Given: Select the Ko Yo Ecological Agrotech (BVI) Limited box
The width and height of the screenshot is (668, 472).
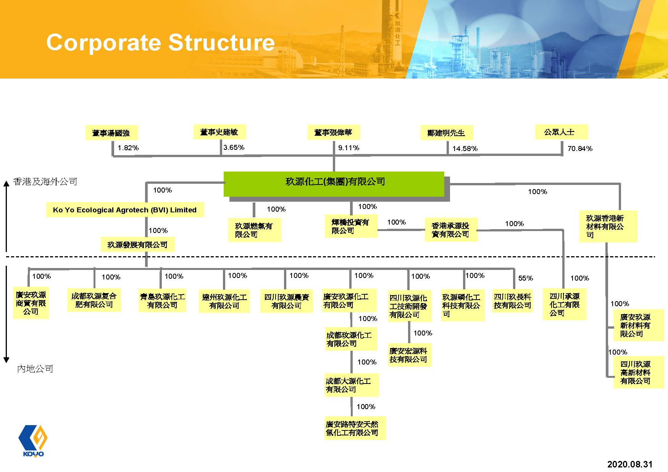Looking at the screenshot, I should pos(125,210).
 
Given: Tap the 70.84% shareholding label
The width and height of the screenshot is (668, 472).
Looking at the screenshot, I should pos(580,149).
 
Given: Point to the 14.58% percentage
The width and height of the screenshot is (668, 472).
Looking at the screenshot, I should pos(465,149).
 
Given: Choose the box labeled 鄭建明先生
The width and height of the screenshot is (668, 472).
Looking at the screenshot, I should pos(447,133).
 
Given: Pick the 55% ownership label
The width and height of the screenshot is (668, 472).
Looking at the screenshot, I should pos(525,278).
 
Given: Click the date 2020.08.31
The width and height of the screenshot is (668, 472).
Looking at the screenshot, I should pos(630,464).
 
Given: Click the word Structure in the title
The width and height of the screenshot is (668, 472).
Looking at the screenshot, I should pos(221,42).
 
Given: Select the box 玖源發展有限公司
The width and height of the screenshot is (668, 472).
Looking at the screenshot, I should pos(137,245).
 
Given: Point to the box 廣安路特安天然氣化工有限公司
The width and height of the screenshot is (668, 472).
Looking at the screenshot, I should pos(355,428).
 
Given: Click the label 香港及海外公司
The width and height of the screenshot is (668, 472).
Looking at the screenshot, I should pos(45,182).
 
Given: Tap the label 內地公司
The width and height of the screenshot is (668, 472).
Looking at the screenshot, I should pos(35,369).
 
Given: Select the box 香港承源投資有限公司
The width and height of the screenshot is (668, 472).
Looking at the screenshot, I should pos(451,230).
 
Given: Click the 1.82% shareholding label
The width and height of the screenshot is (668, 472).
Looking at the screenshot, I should pos(128,148).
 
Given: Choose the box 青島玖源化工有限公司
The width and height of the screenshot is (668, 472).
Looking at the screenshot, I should pos(162,301).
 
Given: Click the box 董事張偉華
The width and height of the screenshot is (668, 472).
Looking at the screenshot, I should pos(333,132).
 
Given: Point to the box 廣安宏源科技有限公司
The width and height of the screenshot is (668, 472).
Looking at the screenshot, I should pos(409,355).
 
